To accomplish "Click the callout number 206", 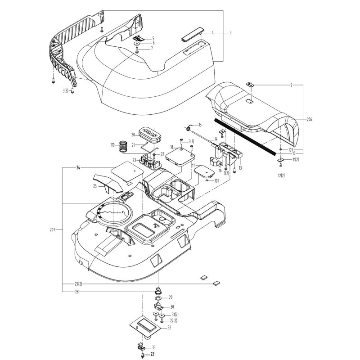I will coord(309,120).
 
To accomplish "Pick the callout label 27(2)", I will coord(78,283).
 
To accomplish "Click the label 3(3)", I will coord(66,91).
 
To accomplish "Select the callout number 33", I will coord(154,347).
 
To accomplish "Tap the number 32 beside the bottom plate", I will coord(169,328).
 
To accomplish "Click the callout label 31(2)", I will coord(175,315).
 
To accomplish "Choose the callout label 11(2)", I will coord(294,160).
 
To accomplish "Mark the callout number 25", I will coord(95,186).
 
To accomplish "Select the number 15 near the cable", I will coord(200,124).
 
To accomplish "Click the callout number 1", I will coord(230,33).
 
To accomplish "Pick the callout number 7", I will coord(152,48).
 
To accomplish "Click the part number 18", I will coord(172,147).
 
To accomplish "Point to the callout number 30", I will coord(172,307).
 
